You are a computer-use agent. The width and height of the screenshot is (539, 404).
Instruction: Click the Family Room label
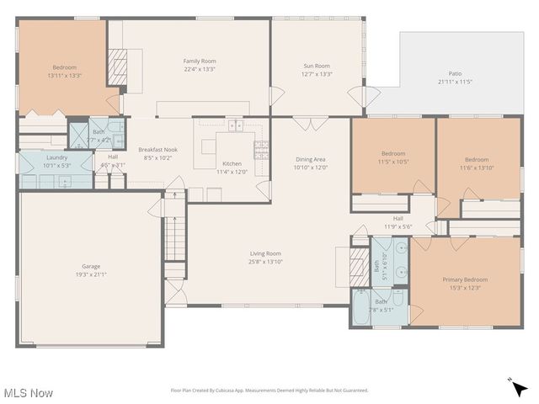[200, 61]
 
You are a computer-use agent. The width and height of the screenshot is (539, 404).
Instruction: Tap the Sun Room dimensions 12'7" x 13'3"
[317, 74]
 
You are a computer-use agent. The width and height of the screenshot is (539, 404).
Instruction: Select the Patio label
[455, 74]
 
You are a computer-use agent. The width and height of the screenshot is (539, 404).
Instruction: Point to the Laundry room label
[56, 157]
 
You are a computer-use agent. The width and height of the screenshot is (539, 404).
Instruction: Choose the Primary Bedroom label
[465, 279]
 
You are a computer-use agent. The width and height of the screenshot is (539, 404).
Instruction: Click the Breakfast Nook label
[157, 149]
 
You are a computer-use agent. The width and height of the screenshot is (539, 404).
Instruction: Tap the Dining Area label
[310, 159]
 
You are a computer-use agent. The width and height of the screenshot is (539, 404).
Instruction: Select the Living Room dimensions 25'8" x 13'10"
[265, 262]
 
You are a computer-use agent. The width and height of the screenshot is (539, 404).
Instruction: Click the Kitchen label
[232, 163]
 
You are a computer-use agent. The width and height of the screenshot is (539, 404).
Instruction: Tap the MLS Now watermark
[29, 393]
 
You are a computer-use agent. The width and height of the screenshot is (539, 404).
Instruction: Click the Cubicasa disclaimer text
[269, 391]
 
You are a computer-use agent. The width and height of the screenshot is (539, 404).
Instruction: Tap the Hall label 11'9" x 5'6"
[398, 222]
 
